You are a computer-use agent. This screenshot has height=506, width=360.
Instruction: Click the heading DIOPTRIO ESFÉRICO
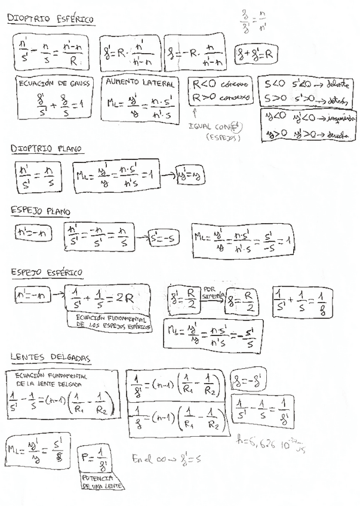[50, 19]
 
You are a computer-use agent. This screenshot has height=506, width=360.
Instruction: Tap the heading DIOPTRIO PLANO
[46, 148]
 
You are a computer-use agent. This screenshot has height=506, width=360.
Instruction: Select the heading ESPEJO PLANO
[41, 211]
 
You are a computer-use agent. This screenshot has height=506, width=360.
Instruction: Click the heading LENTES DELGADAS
[50, 357]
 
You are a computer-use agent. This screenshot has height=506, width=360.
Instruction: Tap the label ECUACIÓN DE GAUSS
[54, 84]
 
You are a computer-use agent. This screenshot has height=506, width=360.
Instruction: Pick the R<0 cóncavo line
[214, 84]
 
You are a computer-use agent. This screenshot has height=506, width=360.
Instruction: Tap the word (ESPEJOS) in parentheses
[221, 137]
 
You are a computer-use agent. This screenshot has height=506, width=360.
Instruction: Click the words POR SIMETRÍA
[214, 291]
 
